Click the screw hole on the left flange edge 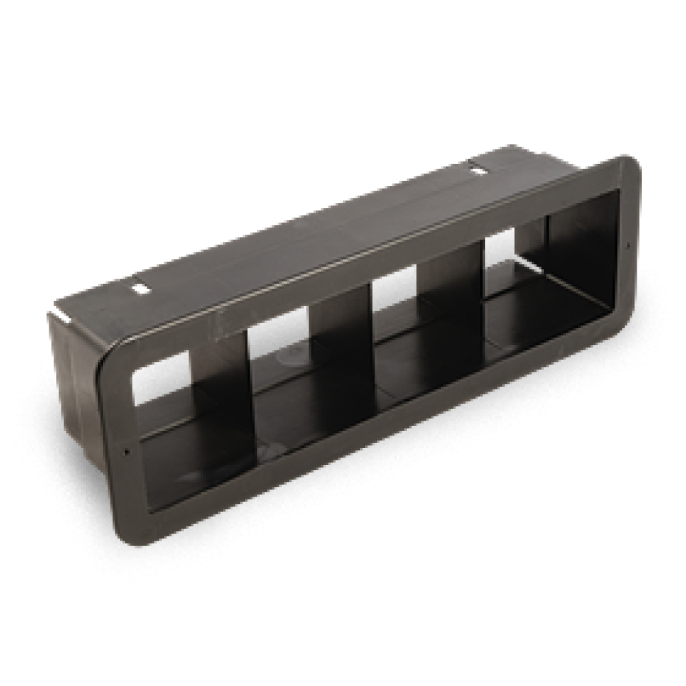pyautogui.click(x=127, y=451)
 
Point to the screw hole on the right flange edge pyautogui.click(x=628, y=244)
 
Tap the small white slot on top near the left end pyautogui.click(x=140, y=289)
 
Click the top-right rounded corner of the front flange pyautogui.click(x=631, y=165)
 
